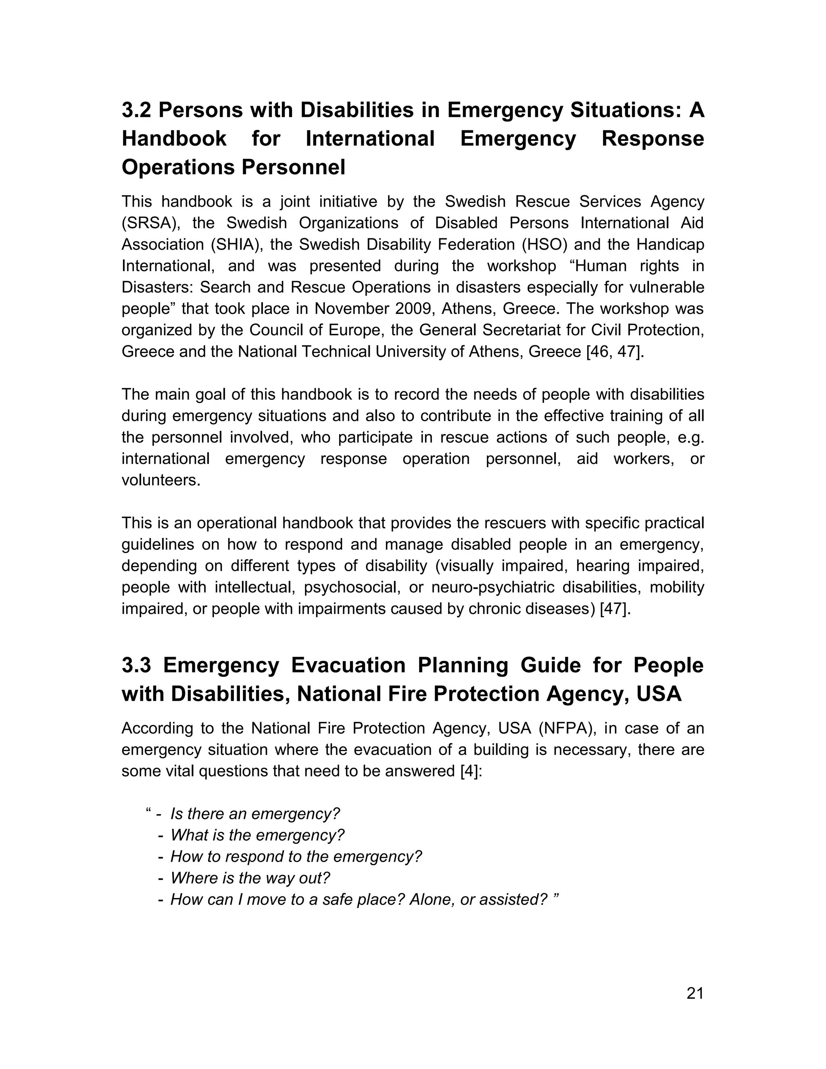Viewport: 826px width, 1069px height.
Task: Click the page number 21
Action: coord(695,993)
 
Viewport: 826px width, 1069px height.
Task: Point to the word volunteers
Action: coord(161,480)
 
